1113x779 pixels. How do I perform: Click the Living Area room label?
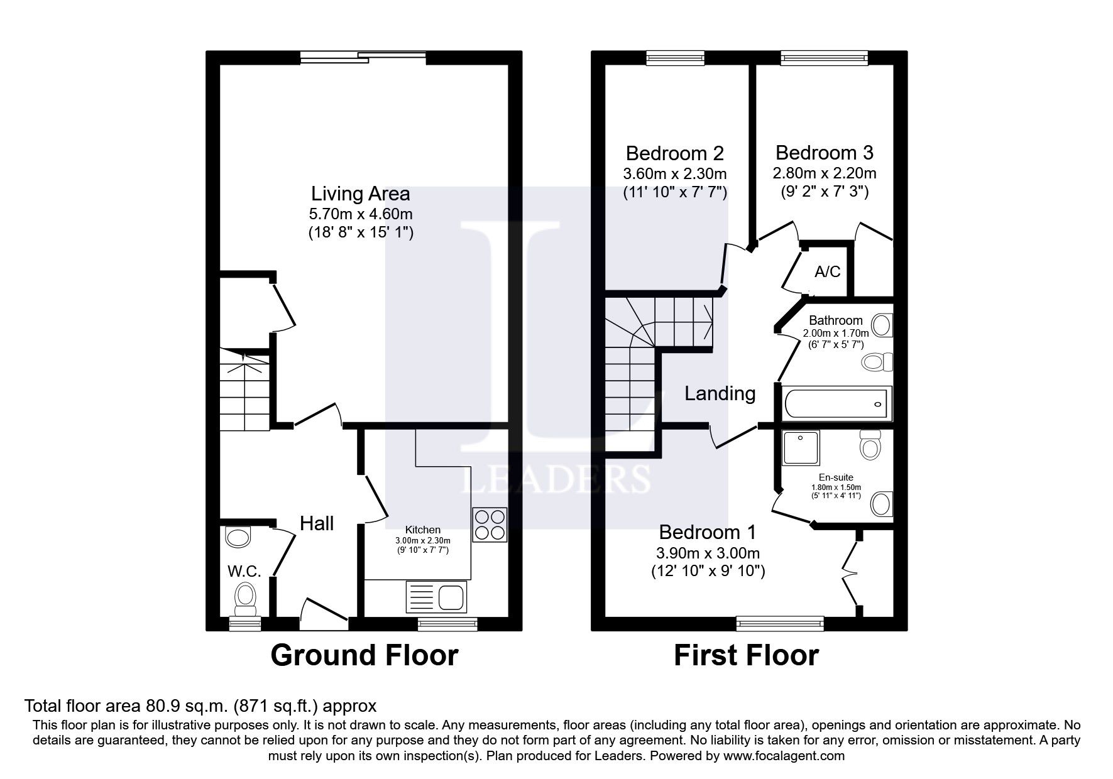click(361, 193)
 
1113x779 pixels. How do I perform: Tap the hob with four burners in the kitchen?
click(490, 525)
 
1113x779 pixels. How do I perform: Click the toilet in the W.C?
click(245, 599)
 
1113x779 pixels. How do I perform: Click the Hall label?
click(317, 523)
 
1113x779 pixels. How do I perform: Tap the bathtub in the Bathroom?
click(836, 403)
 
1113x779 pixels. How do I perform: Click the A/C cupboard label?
click(828, 272)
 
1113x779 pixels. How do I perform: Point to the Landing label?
click(720, 393)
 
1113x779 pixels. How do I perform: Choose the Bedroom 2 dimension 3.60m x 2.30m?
click(675, 173)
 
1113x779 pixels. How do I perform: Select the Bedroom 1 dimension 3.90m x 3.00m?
click(708, 553)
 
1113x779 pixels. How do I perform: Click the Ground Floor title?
click(365, 655)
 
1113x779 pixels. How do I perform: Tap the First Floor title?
click(746, 655)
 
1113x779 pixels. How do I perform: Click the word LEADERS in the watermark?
click(556, 479)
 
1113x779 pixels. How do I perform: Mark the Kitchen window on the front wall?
click(447, 624)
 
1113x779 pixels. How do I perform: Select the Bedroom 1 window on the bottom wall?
click(781, 624)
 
